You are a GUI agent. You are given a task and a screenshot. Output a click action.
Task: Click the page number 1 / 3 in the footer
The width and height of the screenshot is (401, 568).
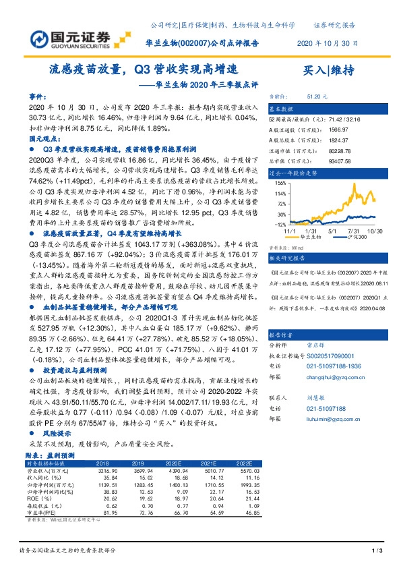[x=377, y=552]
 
